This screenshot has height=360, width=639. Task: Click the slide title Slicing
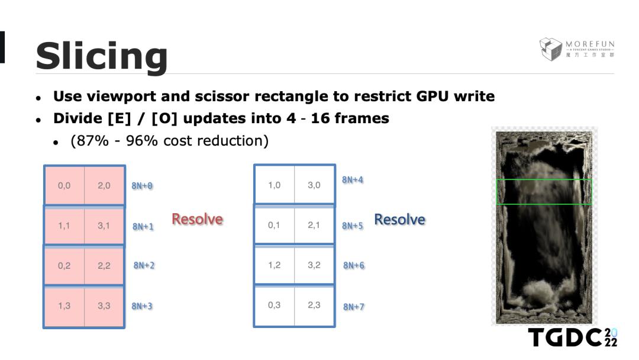point(102,56)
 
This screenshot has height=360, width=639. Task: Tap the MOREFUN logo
point(577,49)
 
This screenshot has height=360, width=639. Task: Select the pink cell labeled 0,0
point(64,186)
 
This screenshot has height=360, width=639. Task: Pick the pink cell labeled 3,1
point(104,226)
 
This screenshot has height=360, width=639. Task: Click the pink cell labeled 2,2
point(104,266)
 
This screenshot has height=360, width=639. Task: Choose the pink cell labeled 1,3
point(64,306)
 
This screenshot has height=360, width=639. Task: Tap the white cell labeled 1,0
point(274,185)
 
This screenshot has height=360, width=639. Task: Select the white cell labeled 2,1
point(314,226)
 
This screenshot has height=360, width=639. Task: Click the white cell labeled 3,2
point(314,265)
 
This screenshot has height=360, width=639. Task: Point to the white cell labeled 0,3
point(274,306)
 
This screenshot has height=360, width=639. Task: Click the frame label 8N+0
point(142,186)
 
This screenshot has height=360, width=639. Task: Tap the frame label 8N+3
point(142,306)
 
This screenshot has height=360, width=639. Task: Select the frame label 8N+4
point(353,180)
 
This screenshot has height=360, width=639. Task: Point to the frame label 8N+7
point(354,307)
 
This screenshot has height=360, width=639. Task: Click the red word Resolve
point(197,219)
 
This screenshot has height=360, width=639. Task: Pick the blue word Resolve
point(399,220)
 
